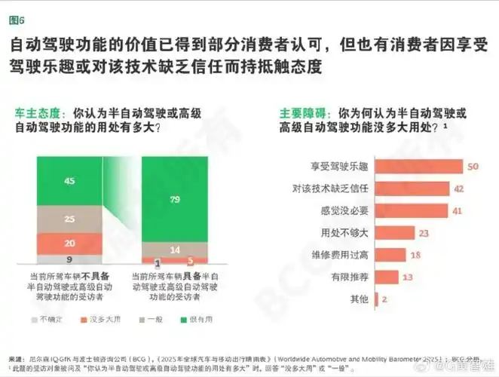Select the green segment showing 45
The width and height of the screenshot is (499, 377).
coord(69,180)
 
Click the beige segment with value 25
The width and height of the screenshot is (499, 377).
coord(69,219)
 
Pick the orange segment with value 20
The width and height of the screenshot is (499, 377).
coord(69,243)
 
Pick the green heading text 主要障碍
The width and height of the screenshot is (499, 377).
coord(301,112)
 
